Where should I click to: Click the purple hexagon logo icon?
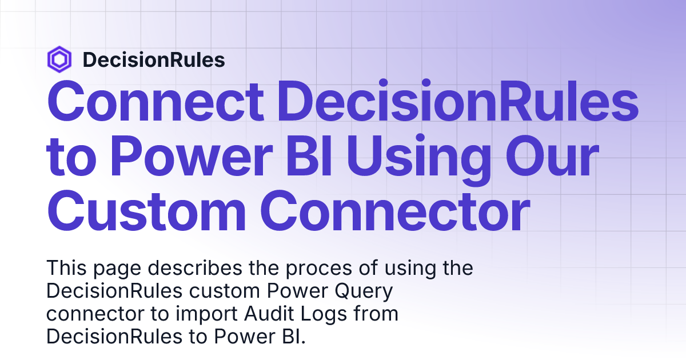[x=59, y=59]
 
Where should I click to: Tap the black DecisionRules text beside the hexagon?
[x=154, y=60]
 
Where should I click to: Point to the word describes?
[x=197, y=268]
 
